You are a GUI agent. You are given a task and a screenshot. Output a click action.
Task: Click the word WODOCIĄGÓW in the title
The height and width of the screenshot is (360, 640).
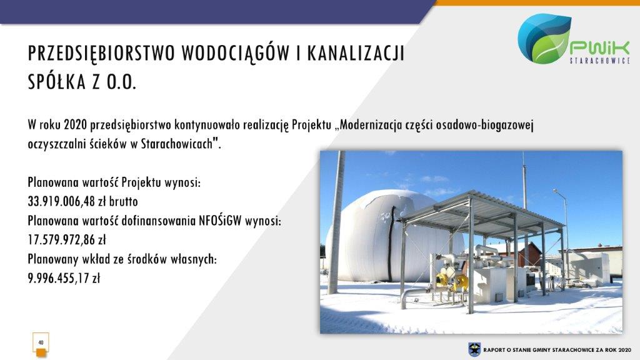point(235,53)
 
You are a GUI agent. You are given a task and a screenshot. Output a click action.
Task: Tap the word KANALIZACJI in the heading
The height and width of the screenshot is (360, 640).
point(356,53)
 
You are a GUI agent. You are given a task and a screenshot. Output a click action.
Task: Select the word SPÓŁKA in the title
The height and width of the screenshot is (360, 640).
point(57,82)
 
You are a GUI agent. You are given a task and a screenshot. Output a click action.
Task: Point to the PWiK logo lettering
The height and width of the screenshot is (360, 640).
point(600,48)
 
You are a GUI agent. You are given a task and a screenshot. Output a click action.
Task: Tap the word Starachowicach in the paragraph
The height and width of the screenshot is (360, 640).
point(177,144)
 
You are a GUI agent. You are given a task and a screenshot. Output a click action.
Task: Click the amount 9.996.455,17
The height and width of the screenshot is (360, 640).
point(57,278)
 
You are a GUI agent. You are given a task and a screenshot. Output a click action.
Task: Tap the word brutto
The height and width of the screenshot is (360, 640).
point(123,201)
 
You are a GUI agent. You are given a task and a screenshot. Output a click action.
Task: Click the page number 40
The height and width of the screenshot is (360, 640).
point(41,342)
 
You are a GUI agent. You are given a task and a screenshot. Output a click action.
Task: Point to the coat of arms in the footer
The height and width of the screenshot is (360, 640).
point(474,349)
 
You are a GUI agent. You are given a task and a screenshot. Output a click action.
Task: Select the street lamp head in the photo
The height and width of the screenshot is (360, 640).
point(556,191)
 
